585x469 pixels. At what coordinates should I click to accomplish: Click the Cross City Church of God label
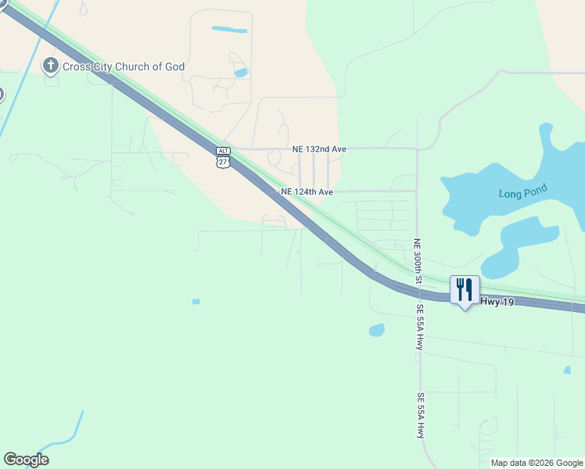coord(124,66)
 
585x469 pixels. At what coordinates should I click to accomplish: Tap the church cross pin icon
coord(52,66)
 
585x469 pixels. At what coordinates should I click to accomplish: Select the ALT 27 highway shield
coord(224,157)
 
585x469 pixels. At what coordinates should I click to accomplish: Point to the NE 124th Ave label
coord(307,192)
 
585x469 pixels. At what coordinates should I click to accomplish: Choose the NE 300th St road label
coord(418,261)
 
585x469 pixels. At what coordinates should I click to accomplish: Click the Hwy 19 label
coord(497,301)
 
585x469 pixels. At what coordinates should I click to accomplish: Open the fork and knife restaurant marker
coord(465,290)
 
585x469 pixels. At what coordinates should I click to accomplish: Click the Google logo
coord(26,460)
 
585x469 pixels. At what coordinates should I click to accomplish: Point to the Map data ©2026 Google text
coord(537,463)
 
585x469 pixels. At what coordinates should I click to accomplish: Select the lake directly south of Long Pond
coord(526,242)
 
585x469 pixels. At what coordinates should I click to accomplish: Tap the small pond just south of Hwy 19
coord(377,330)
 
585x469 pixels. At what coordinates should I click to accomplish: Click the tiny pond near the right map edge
coord(567,370)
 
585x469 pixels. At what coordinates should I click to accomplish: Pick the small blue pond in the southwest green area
coord(196,302)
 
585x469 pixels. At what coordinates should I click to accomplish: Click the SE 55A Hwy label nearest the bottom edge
coord(421,414)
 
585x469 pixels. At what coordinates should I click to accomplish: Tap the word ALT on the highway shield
coord(224,150)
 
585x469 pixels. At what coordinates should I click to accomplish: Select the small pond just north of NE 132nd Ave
coord(241,73)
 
